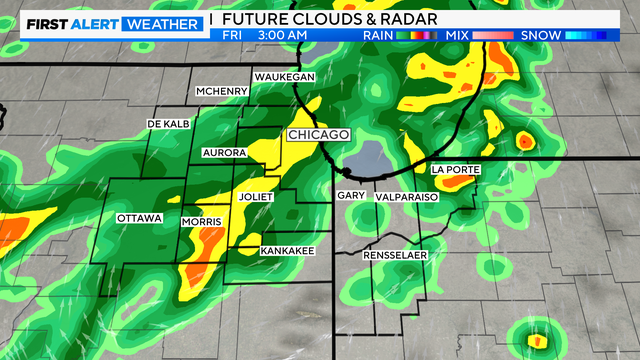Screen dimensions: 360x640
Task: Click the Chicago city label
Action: pos(318,134)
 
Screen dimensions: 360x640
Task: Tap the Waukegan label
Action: pos(284,77)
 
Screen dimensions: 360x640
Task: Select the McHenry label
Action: pos(221,92)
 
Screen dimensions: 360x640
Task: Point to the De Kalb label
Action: pos(168,123)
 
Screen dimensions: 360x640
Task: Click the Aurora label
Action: pos(224,152)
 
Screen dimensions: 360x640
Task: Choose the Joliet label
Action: pos(256,197)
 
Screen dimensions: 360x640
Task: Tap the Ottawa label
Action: pos(139,218)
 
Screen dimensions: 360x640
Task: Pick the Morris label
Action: pos(200,220)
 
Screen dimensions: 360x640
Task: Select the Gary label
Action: pos(350,196)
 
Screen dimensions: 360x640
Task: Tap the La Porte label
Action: pos(456,170)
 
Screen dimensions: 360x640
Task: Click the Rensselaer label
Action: pos(395,255)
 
